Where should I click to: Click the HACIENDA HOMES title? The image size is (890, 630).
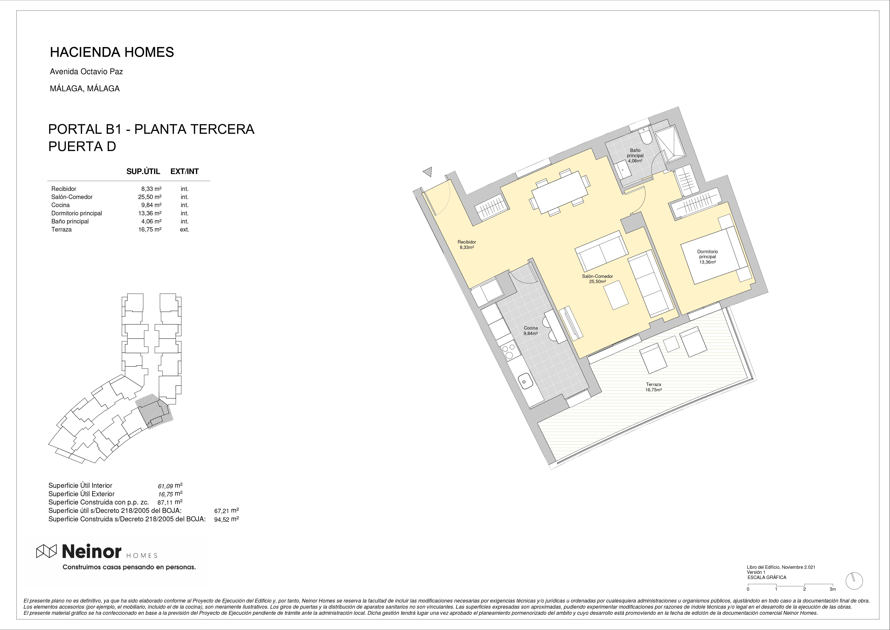(x=112, y=52)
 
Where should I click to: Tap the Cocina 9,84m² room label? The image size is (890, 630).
(x=531, y=330)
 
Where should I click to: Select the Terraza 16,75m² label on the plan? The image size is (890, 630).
(x=653, y=387)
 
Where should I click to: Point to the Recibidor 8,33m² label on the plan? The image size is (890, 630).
(x=467, y=244)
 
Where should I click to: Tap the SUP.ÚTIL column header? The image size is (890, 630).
(x=143, y=172)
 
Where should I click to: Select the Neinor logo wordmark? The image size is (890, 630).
(x=92, y=551)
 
